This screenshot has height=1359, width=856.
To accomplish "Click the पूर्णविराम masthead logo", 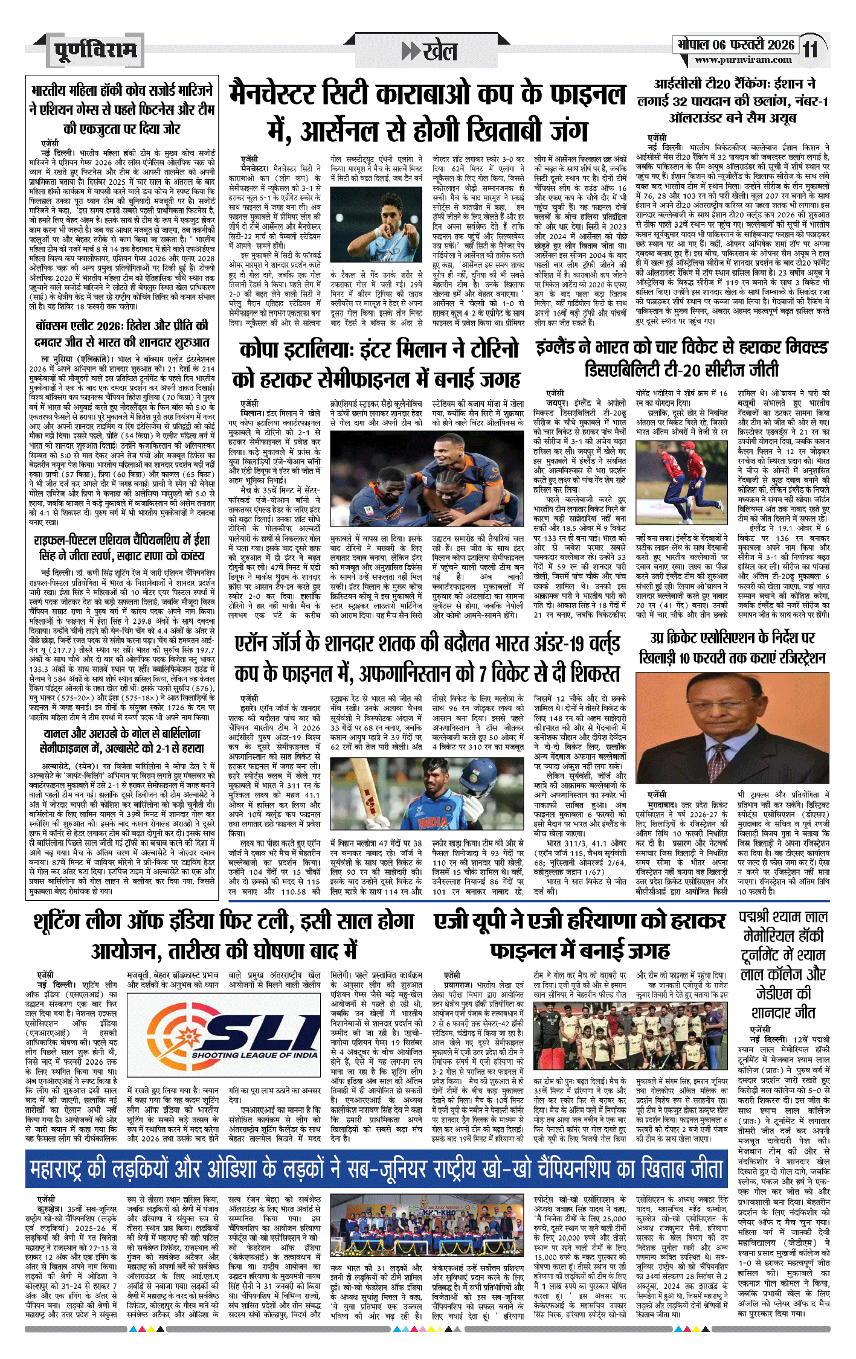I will pos(95,51).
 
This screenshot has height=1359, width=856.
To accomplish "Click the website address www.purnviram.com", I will pos(743,60).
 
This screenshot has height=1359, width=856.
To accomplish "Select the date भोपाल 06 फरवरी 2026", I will pos(736,45).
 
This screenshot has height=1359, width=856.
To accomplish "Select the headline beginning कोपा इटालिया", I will pos(376,364).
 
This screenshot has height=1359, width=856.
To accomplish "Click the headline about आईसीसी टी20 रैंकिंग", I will pos(732,101).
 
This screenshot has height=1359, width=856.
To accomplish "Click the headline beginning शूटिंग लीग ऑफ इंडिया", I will pos(224,936).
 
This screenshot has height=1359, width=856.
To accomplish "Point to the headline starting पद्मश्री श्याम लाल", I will pos(783,964).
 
